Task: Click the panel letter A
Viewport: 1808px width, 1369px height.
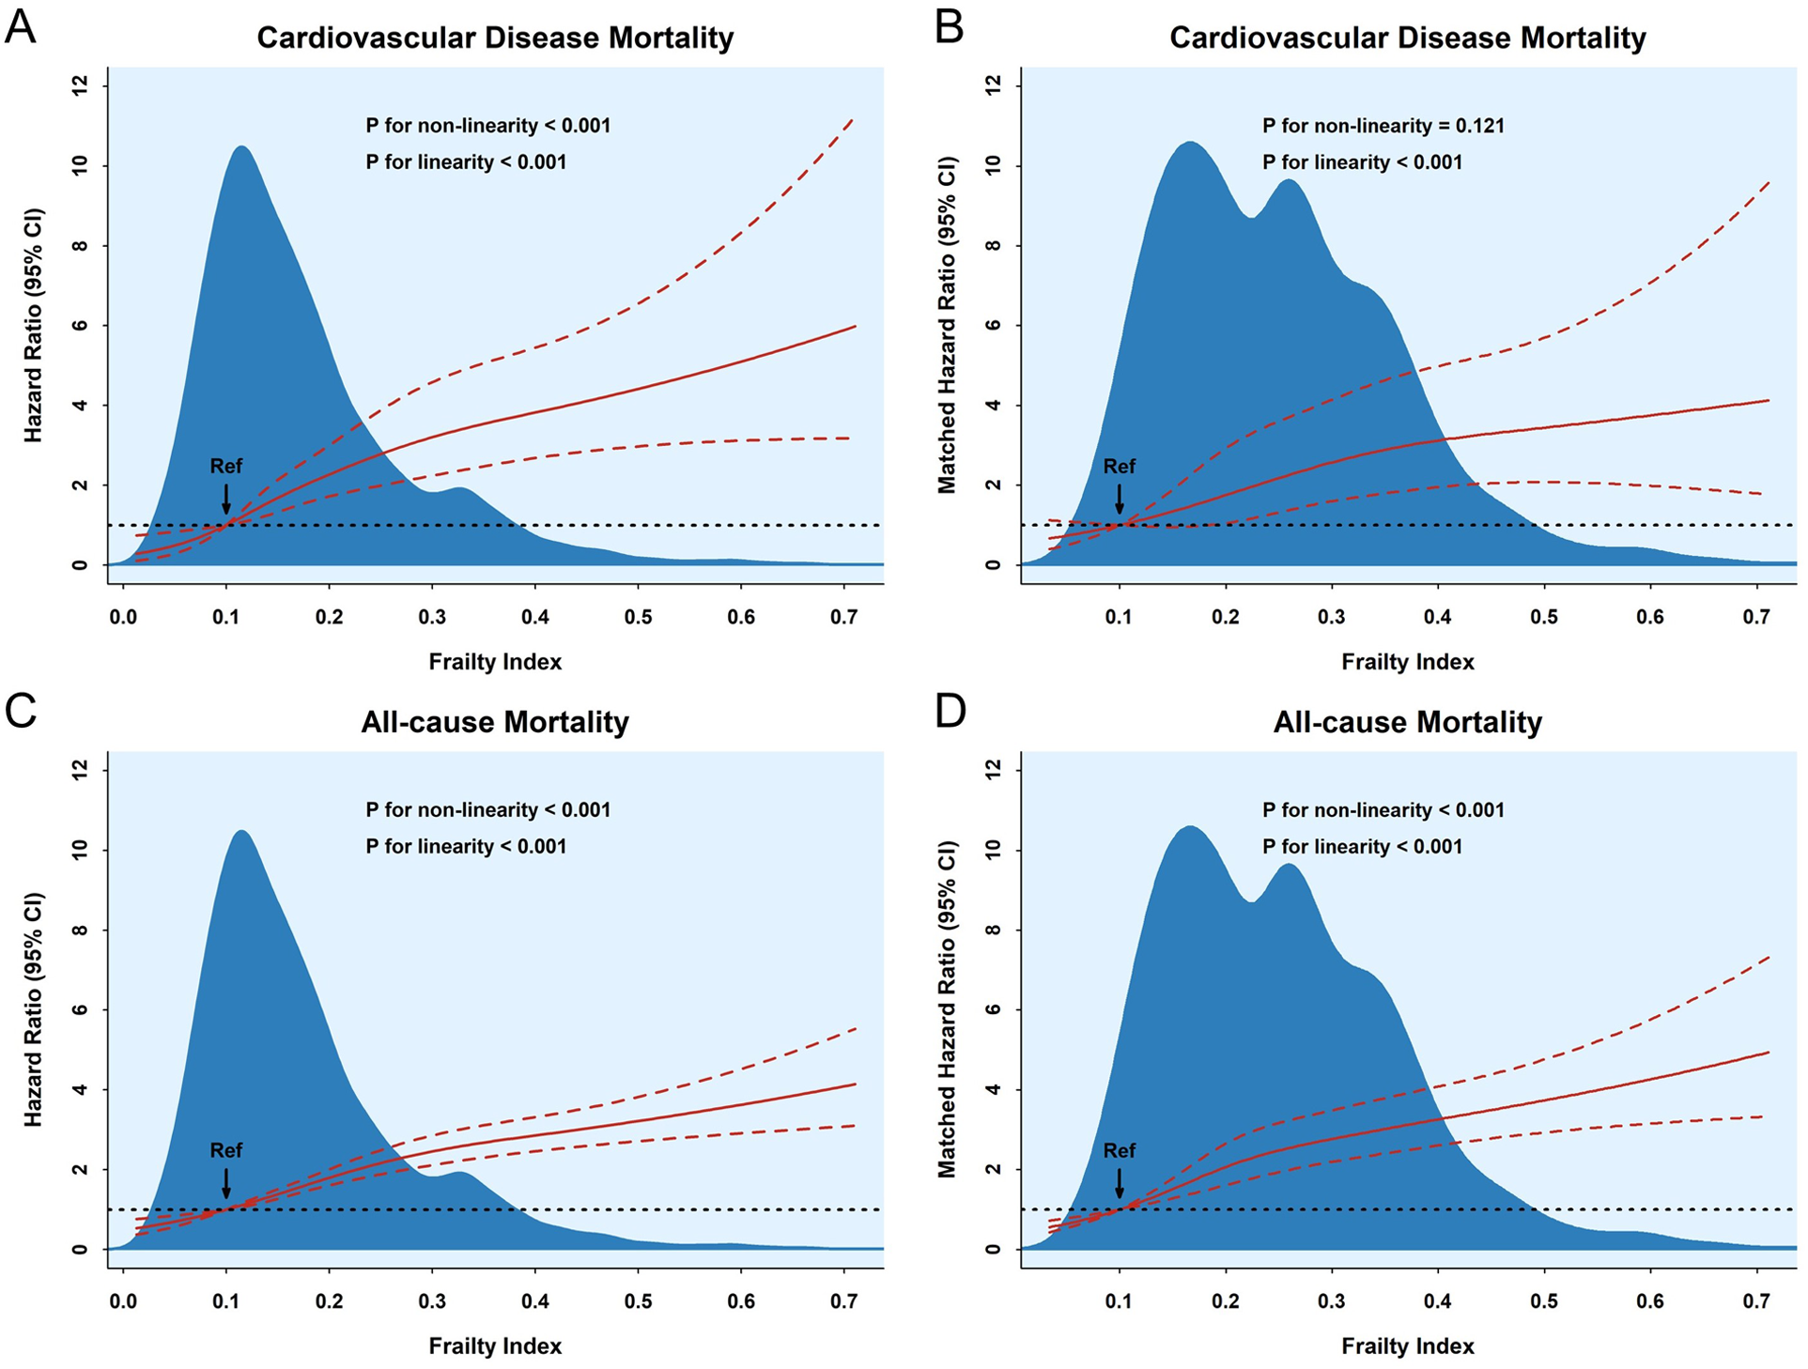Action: [20, 27]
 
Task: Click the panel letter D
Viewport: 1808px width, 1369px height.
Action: [950, 712]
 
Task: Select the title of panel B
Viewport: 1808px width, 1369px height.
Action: [1407, 38]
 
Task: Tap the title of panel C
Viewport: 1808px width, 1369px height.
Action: [495, 722]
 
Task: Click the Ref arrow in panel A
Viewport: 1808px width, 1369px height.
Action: [226, 499]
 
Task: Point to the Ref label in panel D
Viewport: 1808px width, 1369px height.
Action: [1119, 1150]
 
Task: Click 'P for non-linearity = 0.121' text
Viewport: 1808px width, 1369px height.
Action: [1383, 126]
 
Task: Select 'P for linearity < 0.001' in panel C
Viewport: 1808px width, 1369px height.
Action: [466, 847]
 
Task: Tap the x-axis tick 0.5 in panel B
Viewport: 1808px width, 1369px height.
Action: [1544, 617]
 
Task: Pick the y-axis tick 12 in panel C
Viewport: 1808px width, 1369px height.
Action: [81, 769]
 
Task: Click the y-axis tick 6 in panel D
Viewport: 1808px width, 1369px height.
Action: [994, 1010]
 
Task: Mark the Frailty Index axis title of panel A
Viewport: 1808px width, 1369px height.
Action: [495, 662]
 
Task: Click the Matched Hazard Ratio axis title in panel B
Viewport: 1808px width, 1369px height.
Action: [947, 325]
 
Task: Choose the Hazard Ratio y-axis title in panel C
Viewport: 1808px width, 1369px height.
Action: [34, 1009]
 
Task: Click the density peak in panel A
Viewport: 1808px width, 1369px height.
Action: [242, 147]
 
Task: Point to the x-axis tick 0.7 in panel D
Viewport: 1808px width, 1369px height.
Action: [1756, 1301]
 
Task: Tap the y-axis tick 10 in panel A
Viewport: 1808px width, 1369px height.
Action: [81, 165]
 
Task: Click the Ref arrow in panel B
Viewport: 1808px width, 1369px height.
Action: [1119, 499]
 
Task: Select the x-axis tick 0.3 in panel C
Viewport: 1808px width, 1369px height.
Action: [432, 1301]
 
